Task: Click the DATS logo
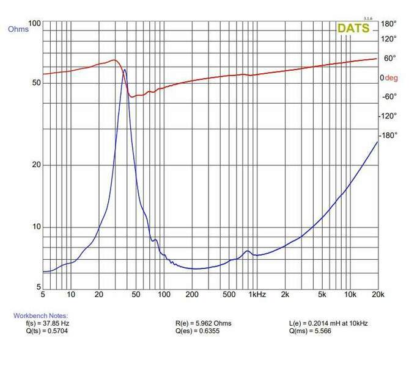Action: click(353, 28)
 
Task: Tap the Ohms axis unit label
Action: click(18, 29)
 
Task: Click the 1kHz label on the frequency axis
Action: click(257, 295)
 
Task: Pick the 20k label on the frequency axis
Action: click(378, 295)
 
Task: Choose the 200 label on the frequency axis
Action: click(193, 295)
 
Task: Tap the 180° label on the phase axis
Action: click(389, 24)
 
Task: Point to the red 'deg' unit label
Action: click(391, 78)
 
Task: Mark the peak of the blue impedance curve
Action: click(125, 70)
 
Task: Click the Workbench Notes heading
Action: click(41, 315)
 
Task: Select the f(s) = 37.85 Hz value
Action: click(47, 323)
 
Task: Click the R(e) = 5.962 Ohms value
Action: click(203, 323)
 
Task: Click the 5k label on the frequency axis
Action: click(322, 295)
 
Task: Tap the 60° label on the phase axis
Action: click(389, 59)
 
